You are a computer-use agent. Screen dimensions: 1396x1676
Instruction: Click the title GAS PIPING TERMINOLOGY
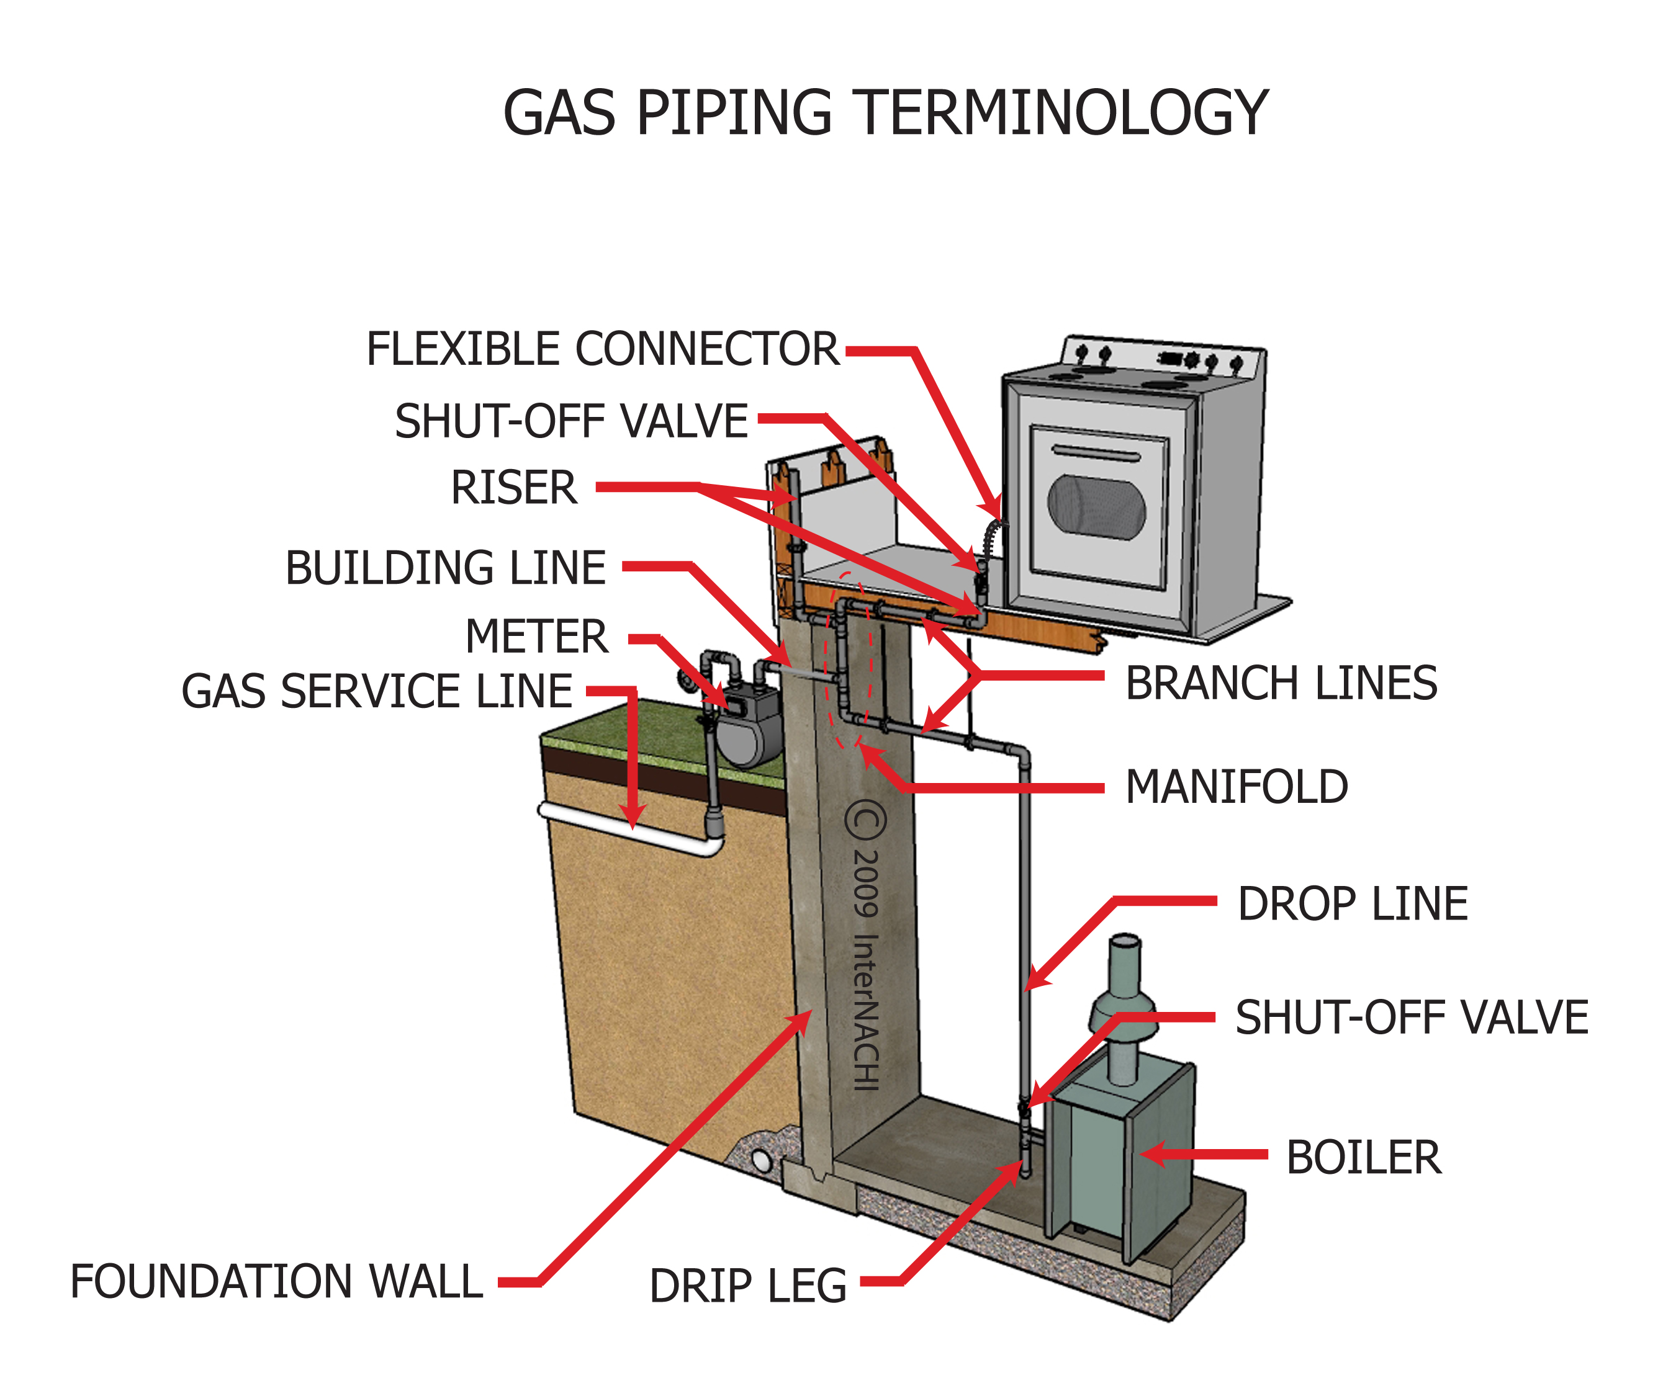click(x=885, y=114)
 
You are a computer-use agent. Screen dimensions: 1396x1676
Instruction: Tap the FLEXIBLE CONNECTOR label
click(x=603, y=349)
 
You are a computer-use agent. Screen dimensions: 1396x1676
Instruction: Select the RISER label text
click(x=513, y=488)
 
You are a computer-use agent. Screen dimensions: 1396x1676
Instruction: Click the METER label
click(x=536, y=637)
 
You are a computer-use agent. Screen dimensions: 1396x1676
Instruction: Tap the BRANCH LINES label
click(x=1281, y=684)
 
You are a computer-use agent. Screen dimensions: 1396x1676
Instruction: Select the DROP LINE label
click(x=1352, y=904)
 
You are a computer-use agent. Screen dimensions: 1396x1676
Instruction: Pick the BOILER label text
click(x=1363, y=1158)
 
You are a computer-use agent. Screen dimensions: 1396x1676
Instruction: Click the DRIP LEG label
click(x=748, y=1286)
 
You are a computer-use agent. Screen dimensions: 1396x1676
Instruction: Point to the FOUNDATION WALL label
click(x=276, y=1281)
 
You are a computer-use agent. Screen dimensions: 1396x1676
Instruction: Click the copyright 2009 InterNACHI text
click(x=866, y=946)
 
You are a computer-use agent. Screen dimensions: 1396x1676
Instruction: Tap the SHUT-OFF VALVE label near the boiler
click(x=1411, y=1018)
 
